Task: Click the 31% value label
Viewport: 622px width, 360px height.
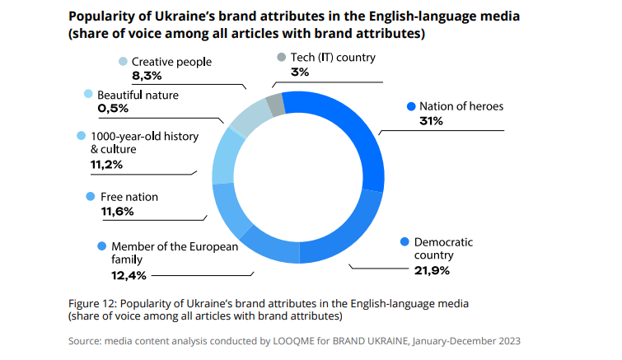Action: [432, 121]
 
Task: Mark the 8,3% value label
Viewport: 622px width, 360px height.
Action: [147, 76]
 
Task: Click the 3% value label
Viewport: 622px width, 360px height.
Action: [300, 72]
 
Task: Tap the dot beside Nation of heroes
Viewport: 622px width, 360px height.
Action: [410, 106]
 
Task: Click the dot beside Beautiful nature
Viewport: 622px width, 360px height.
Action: [88, 95]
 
